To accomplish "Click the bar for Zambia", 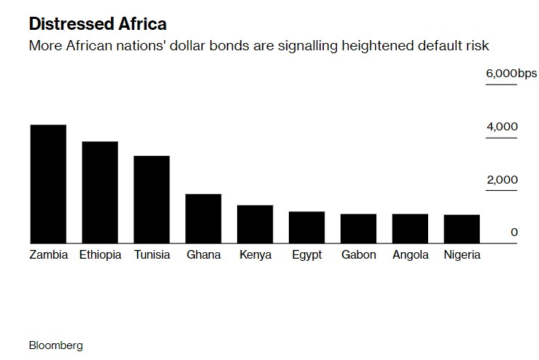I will tap(48, 184).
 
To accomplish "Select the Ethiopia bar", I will tap(100, 192).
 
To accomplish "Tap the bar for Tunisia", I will tap(152, 200).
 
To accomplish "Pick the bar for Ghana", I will tap(203, 219).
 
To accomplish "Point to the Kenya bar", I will tap(255, 224).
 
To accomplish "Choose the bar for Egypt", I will tap(307, 227).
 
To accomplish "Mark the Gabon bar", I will tap(359, 229).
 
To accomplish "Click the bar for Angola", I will tap(411, 229).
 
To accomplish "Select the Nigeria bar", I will tap(462, 229).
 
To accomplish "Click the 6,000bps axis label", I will tap(511, 74).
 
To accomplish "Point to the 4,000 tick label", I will tap(502, 127).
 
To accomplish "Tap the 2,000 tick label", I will tap(502, 180).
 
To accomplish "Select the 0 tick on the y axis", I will tap(514, 232).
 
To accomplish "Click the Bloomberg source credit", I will tap(56, 345).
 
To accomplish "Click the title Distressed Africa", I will tap(98, 24).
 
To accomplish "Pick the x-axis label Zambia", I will tap(49, 255).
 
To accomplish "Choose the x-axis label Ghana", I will tap(203, 255).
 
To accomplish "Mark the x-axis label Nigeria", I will tap(462, 255).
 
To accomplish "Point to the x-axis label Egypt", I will tap(306, 255).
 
